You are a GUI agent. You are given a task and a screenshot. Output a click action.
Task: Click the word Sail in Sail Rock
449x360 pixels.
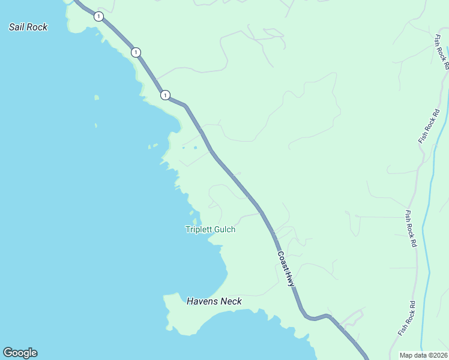click(x=17, y=27)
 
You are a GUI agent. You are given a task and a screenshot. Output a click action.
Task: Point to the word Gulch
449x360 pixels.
click(x=223, y=229)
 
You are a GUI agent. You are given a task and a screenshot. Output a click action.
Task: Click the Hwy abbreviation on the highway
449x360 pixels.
click(x=291, y=278)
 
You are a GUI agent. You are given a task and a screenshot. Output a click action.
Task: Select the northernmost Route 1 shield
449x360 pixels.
click(x=98, y=16)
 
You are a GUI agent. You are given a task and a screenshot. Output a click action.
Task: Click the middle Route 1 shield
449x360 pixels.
click(x=136, y=52)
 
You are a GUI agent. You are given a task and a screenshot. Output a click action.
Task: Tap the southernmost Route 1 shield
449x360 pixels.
click(x=165, y=95)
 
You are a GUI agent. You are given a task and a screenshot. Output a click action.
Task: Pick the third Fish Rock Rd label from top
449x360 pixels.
click(x=411, y=229)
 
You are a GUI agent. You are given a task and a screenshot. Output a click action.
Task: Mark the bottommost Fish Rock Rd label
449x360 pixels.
click(x=406, y=318)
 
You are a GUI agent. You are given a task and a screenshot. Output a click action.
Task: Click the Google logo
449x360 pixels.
click(x=20, y=353)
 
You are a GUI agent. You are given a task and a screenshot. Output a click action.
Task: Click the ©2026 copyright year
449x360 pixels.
click(x=438, y=355)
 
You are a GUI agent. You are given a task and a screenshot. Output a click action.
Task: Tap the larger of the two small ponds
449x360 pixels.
click(x=195, y=148)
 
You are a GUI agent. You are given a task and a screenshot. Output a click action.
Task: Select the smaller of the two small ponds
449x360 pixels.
click(x=183, y=148)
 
